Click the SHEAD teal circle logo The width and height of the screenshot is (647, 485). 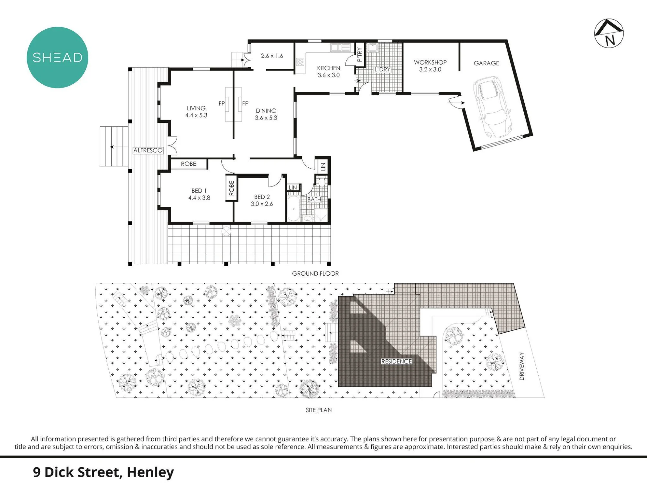(57, 58)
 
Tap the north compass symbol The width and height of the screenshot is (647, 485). (609, 33)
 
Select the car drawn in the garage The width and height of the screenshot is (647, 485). (492, 107)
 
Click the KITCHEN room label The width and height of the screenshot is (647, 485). (329, 68)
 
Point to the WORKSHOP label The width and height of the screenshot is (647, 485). (430, 62)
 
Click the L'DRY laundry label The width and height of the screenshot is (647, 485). (382, 69)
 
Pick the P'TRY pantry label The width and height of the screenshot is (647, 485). (359, 55)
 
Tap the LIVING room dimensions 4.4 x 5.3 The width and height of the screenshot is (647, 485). (196, 115)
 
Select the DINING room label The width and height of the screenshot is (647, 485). (266, 111)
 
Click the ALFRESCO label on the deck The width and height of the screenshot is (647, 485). (148, 150)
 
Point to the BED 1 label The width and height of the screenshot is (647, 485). (199, 191)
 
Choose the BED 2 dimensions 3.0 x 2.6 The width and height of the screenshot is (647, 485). (262, 204)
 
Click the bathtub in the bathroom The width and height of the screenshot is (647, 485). (293, 207)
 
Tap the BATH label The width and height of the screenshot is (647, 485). (314, 199)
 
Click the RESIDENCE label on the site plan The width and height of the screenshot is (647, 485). (397, 361)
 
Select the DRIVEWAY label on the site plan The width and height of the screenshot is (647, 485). (521, 366)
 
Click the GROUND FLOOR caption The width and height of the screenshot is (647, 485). (315, 273)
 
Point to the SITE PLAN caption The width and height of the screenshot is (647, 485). (319, 410)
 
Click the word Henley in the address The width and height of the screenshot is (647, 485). (150, 472)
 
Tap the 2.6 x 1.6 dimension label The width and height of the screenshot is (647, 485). (272, 56)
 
